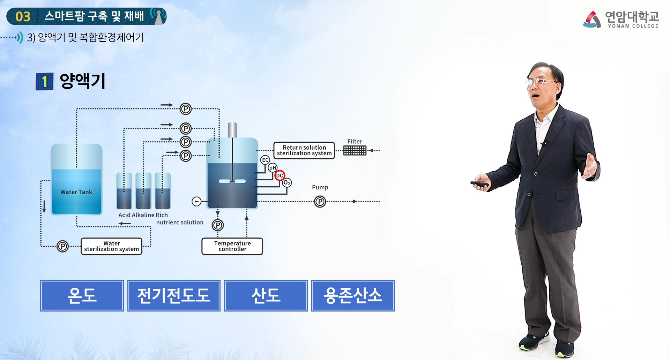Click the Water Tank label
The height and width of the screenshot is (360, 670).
pos(76,192)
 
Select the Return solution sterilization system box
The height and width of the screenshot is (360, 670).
pos(304,150)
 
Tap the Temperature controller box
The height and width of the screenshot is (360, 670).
pos(232,246)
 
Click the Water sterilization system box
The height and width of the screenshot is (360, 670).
pos(111,246)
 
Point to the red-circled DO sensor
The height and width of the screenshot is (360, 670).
pos(280,175)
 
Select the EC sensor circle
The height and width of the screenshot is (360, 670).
pos(265,160)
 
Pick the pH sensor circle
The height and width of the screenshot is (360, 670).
pos(273,168)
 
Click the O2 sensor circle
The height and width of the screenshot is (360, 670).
pos(287,182)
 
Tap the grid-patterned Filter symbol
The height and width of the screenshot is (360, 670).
pos(355,150)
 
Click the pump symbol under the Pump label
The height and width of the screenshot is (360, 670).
pos(320,202)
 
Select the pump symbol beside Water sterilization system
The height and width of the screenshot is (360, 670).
pos(62,246)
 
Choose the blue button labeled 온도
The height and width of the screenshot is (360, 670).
pos(82,295)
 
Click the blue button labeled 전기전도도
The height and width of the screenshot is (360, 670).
pos(174,295)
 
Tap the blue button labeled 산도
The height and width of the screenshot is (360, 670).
pos(266,295)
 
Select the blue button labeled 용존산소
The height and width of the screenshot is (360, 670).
pos(353,295)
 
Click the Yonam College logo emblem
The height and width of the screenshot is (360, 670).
pos(592,19)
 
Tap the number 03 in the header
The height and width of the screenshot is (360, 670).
pos(23,16)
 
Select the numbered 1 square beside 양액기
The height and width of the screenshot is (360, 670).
pos(45,81)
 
